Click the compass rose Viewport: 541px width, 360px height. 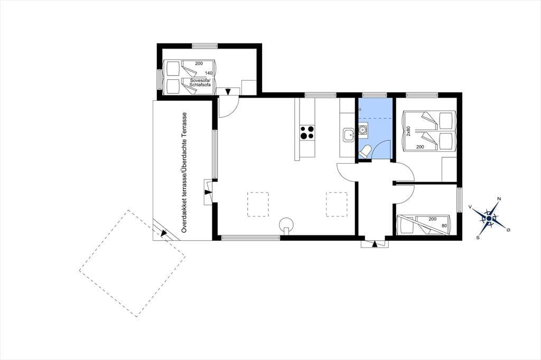coord(489,218)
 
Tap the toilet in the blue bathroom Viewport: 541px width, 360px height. coord(365,151)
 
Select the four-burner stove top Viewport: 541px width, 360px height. coord(307,132)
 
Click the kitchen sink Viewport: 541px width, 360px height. coord(348,135)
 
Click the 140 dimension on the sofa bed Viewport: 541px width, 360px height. coord(208,73)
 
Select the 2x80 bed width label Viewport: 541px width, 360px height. coord(408,131)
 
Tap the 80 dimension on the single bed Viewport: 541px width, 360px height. coord(444,226)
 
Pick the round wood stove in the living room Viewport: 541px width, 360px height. coord(286,224)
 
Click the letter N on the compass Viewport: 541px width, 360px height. coord(499,198)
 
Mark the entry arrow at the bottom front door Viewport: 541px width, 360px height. coord(375,244)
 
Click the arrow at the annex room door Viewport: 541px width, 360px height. coord(228,92)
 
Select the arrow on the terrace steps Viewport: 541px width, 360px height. coord(164,233)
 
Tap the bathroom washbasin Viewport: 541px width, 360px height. coord(362,130)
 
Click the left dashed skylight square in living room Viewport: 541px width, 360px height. coord(258,204)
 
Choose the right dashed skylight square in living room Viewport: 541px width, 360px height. coord(337,204)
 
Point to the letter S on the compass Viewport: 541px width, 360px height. coord(478,237)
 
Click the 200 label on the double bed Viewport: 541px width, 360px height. coord(420,147)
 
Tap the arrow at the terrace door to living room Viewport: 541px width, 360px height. coord(208,192)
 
